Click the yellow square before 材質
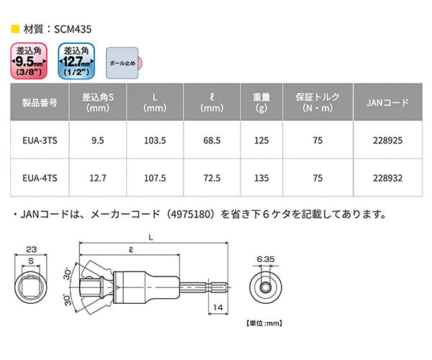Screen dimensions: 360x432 pos(15,31)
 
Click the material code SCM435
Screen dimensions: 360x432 pos(72,31)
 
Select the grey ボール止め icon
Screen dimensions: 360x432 pos(122,63)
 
